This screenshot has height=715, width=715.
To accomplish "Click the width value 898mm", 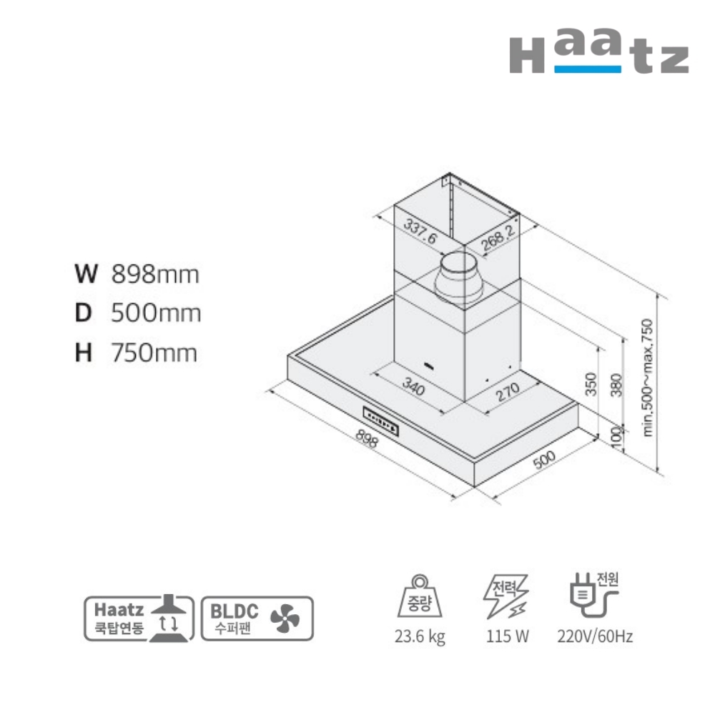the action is point(155,275).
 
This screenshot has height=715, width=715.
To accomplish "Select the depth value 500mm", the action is point(156,313).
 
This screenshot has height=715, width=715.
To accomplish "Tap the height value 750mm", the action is point(154,353).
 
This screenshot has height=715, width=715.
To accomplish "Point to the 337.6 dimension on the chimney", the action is point(420,231).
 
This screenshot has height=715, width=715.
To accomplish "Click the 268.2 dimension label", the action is point(498,237).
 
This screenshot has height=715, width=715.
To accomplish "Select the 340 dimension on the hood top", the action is point(414,387).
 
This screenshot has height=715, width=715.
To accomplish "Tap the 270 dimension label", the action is point(508,391).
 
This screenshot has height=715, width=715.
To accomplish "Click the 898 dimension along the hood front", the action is point(367,438).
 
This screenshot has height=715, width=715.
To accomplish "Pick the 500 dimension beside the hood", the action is point(544,459).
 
